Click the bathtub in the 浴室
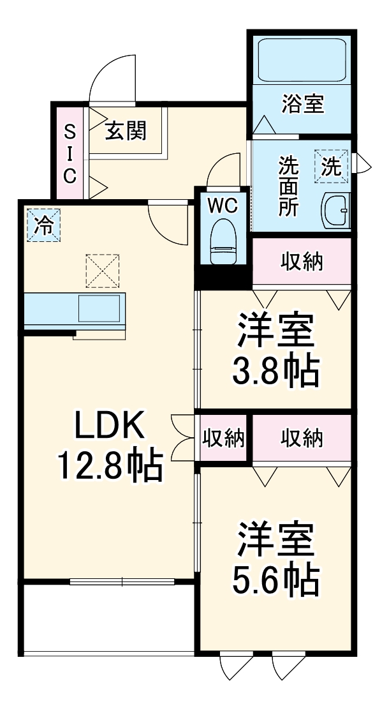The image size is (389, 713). pyautogui.click(x=299, y=60)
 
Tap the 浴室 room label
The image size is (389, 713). pyautogui.click(x=303, y=103)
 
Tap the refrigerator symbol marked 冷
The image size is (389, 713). pyautogui.click(x=44, y=225)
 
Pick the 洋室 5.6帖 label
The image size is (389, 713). pyautogui.click(x=276, y=559)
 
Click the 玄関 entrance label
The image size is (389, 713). pyautogui.click(x=126, y=130)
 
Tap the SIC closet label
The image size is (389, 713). pyautogui.click(x=70, y=153)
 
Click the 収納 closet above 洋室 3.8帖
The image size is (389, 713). pyautogui.click(x=302, y=261)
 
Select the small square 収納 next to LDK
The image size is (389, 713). pyautogui.click(x=224, y=438)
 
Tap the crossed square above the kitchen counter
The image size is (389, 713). pyautogui.click(x=103, y=270)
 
